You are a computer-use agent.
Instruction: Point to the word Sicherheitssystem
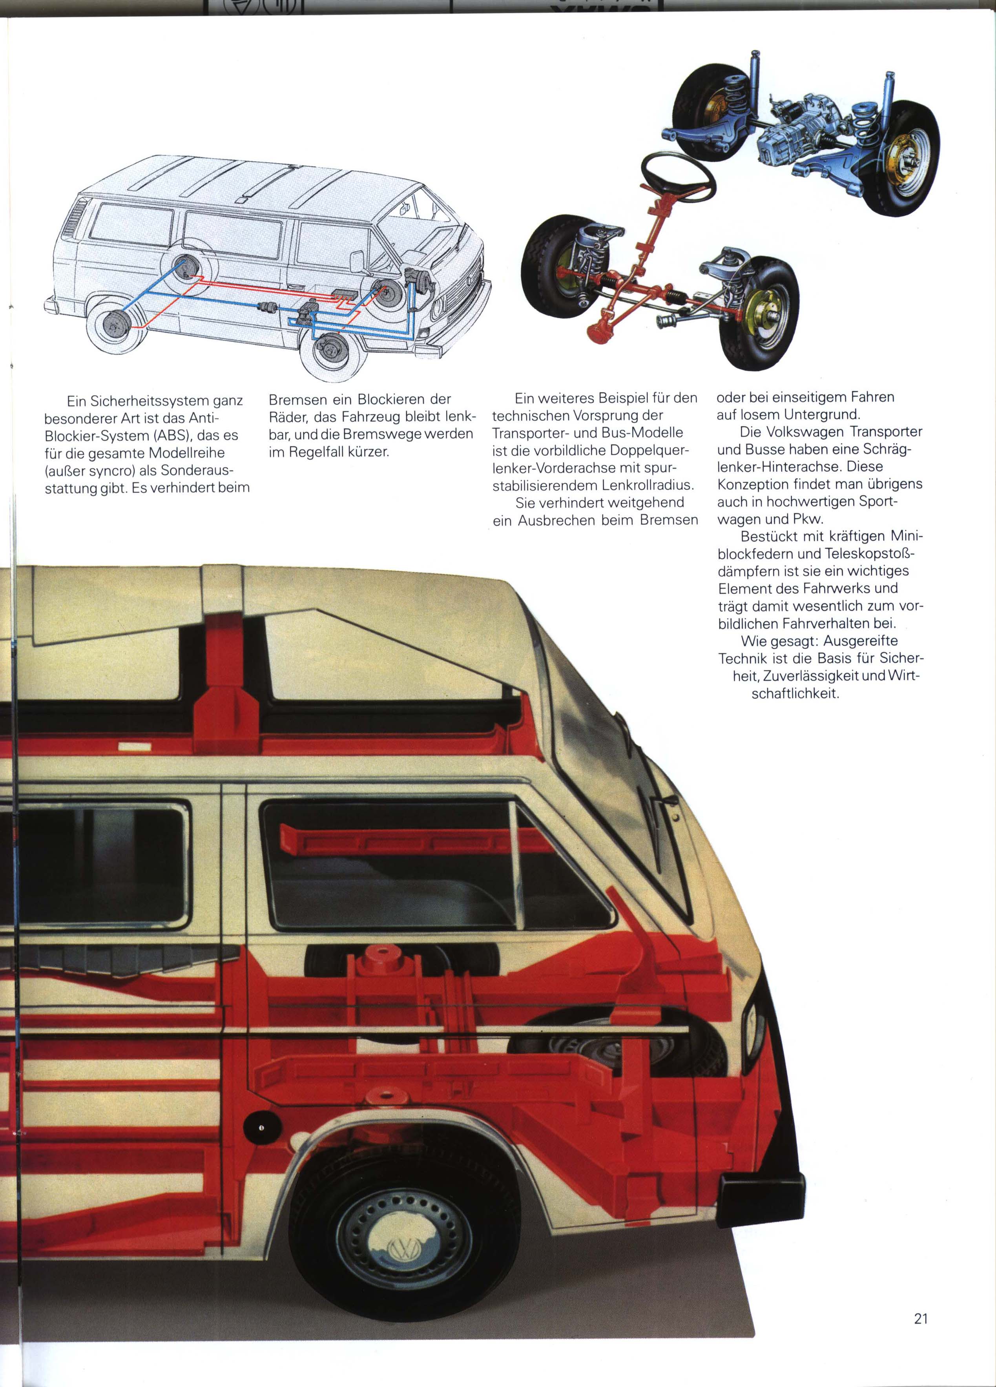(x=149, y=401)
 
